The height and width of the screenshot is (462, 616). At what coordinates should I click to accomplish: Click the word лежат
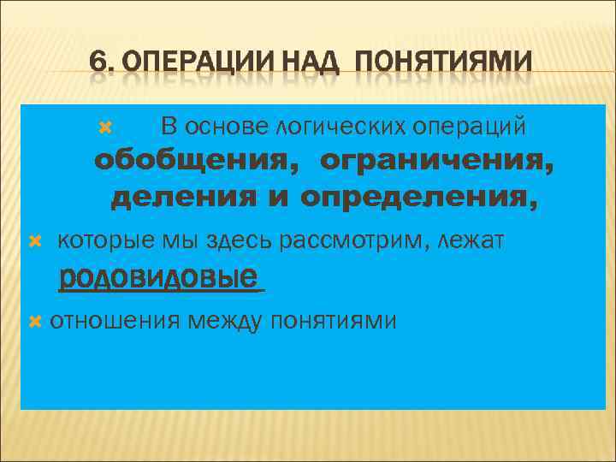[x=475, y=242]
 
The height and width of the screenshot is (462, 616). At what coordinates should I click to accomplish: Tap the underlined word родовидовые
[x=158, y=277]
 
